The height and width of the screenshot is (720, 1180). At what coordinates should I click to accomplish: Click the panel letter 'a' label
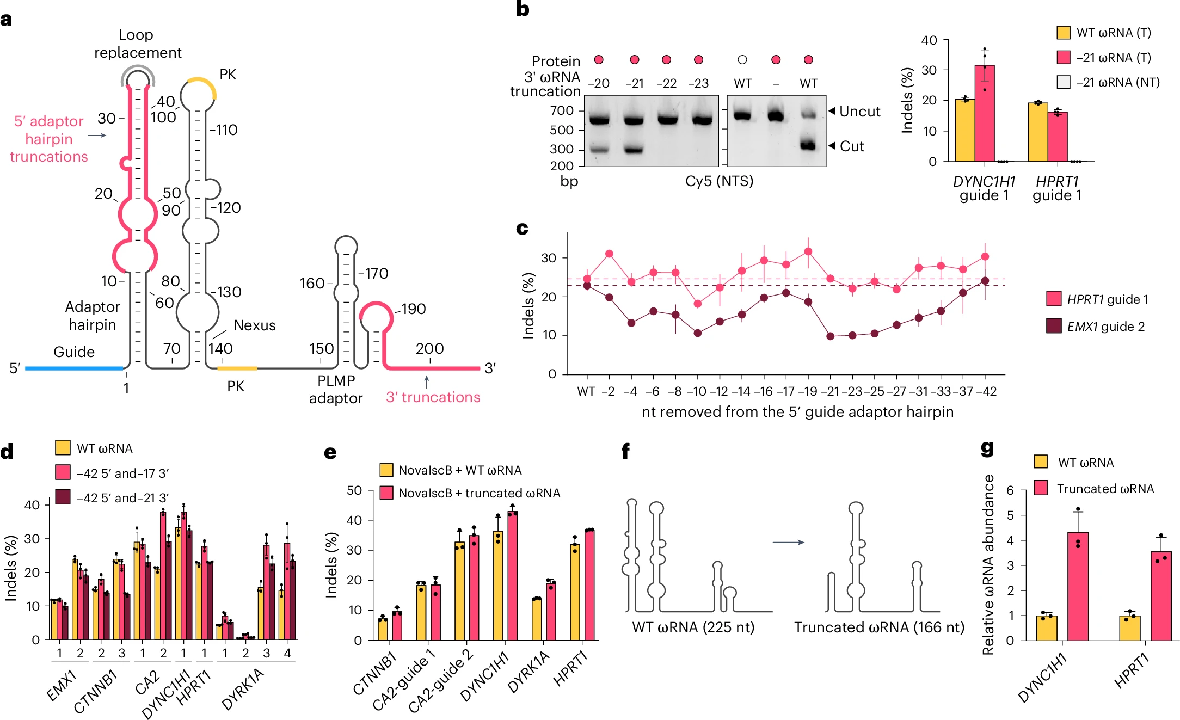click(x=7, y=20)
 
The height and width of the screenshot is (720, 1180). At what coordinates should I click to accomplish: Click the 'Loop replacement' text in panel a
click(x=137, y=44)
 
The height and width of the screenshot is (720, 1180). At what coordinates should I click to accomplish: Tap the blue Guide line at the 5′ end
click(x=73, y=368)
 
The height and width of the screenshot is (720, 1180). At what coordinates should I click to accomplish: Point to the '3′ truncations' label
click(x=433, y=397)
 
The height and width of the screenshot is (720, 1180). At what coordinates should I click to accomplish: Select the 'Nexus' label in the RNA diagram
click(x=254, y=325)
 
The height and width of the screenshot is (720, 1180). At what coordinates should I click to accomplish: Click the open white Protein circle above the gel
click(x=742, y=60)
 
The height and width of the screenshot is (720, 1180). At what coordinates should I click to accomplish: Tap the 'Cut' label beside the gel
click(x=852, y=146)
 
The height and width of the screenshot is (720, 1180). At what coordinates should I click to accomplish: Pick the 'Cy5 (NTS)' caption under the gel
click(x=719, y=181)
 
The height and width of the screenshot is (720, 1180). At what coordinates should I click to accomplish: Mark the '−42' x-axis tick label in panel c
click(x=986, y=392)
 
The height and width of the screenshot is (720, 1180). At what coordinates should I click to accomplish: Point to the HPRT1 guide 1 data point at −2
click(x=609, y=254)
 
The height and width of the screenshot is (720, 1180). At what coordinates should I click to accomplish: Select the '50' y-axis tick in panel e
click(x=354, y=490)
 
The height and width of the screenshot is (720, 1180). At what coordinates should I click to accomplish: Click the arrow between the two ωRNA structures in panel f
click(x=788, y=542)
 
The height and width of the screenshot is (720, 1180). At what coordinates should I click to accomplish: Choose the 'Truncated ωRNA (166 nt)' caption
click(x=878, y=627)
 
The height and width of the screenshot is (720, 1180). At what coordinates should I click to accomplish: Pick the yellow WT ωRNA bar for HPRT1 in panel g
click(x=1129, y=628)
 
